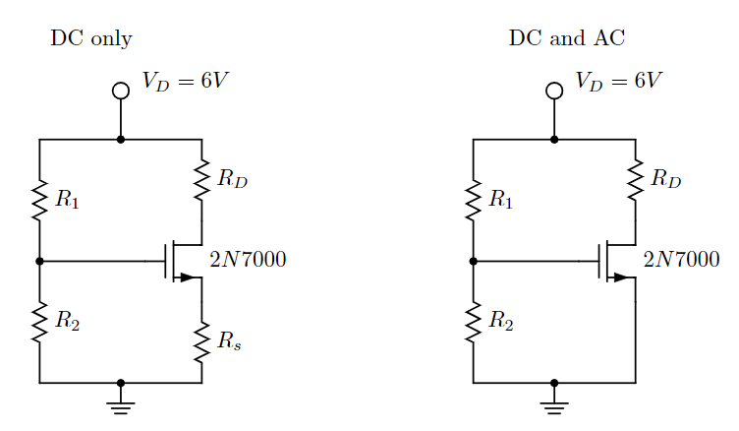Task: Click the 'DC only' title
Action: [x=90, y=39]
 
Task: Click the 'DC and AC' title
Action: [x=566, y=39]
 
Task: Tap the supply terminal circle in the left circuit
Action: [x=121, y=91]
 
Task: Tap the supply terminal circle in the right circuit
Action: [x=554, y=91]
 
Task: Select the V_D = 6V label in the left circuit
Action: [x=186, y=81]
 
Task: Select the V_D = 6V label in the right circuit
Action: [x=619, y=81]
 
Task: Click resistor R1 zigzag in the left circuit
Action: [x=39, y=200]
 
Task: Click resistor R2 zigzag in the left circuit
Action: [x=39, y=322]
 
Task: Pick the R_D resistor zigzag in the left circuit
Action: [x=201, y=178]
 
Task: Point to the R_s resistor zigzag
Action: [x=201, y=342]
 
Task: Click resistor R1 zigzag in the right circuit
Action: [x=473, y=200]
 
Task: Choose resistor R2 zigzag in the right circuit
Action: [x=473, y=322]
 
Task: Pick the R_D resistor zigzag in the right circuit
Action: [x=635, y=178]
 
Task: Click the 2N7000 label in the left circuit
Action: [x=248, y=261]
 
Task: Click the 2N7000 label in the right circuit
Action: [x=681, y=261]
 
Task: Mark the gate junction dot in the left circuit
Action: [x=39, y=262]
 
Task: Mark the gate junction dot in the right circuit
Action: [x=473, y=262]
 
